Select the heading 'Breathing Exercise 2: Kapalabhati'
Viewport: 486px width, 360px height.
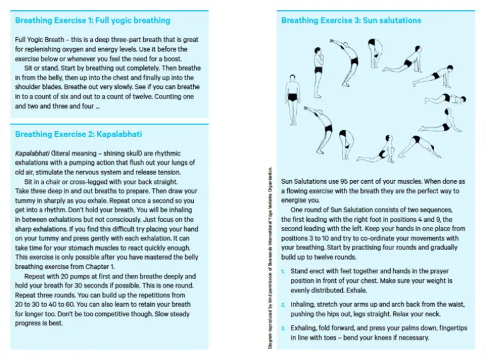point(79,134)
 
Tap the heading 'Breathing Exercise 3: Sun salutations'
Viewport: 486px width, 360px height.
point(351,20)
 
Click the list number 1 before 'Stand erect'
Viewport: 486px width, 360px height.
point(283,271)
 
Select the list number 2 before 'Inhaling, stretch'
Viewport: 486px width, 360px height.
point(283,304)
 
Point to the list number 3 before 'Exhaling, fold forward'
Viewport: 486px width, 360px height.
point(283,328)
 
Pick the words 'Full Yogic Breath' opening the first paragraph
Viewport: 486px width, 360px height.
point(40,39)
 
